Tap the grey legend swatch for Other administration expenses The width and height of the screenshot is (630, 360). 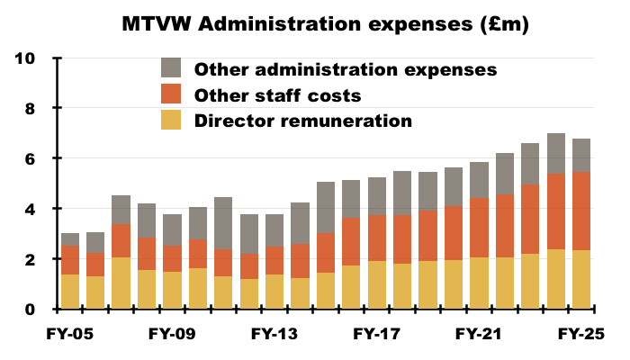(x=171, y=68)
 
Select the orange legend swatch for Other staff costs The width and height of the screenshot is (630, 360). (x=171, y=94)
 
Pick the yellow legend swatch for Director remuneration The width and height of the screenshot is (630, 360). (x=171, y=121)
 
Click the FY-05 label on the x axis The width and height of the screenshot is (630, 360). (x=70, y=335)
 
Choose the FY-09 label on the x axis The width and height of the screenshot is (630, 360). (x=172, y=335)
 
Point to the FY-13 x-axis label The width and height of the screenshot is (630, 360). (x=274, y=335)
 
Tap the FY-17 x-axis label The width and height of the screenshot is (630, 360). (x=376, y=335)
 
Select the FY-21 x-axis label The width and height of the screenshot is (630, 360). (x=479, y=335)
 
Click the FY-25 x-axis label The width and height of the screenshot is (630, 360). (x=580, y=335)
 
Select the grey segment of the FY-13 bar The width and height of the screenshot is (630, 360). (x=274, y=230)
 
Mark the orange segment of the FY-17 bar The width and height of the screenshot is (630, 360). (x=377, y=239)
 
